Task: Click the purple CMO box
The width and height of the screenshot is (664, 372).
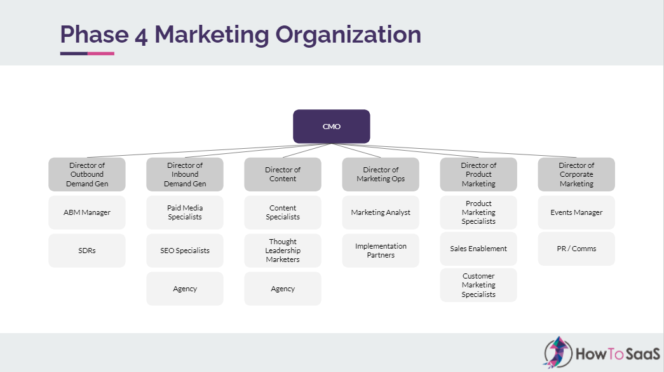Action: [x=331, y=127]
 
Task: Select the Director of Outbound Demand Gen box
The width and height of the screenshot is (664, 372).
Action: [x=87, y=174]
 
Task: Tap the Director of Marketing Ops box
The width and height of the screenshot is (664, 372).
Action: [x=381, y=174]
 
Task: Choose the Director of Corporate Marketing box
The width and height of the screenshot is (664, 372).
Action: [x=576, y=174]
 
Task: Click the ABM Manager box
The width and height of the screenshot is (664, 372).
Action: [x=87, y=212]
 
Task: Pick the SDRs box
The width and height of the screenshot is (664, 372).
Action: [x=87, y=251]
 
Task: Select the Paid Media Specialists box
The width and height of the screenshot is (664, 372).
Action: [x=185, y=212]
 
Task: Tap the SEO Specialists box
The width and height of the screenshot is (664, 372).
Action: [x=185, y=251]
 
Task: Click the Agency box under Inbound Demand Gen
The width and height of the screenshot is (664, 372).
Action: [x=185, y=289]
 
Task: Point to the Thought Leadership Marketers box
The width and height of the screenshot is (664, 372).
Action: [x=283, y=251]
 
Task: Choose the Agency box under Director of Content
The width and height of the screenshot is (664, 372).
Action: [x=283, y=289]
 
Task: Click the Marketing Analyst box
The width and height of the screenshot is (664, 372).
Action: [x=381, y=212]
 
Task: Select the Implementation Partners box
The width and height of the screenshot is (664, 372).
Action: [x=381, y=251]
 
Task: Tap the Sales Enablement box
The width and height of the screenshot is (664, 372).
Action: [x=478, y=249]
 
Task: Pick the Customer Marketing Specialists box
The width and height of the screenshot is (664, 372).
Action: [x=478, y=285]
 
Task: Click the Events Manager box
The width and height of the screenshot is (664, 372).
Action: [x=576, y=212]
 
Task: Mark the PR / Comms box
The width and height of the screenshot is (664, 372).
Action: [x=576, y=249]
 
